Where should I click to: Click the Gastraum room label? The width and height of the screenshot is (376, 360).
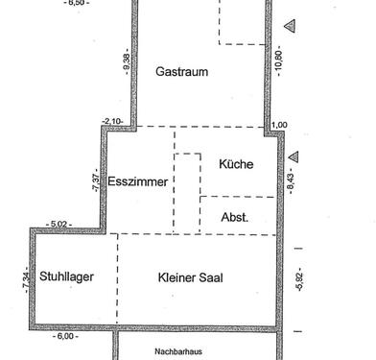click(181, 71)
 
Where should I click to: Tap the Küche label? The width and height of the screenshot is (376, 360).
click(235, 164)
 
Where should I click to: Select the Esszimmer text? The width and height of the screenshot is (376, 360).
click(138, 181)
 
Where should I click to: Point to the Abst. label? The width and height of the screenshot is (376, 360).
click(234, 217)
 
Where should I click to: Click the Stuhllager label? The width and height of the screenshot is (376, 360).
click(66, 276)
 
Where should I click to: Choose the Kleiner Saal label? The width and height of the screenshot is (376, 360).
click(190, 276)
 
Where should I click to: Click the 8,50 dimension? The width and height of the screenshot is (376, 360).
click(78, 4)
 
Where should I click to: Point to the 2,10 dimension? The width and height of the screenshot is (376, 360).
click(112, 121)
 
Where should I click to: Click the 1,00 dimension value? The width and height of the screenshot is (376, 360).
click(279, 125)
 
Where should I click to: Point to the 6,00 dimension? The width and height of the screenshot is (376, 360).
click(67, 336)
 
